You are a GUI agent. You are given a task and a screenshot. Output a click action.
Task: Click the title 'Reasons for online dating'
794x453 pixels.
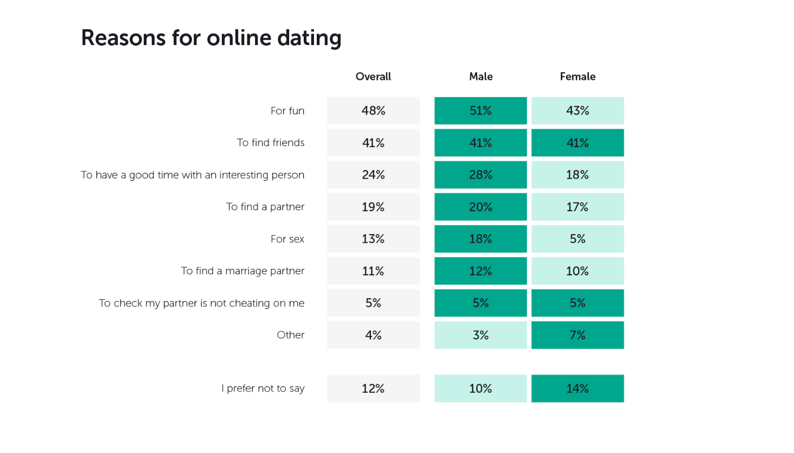pyautogui.click(x=211, y=38)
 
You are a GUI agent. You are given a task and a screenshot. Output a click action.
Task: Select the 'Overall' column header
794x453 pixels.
pyautogui.click(x=373, y=77)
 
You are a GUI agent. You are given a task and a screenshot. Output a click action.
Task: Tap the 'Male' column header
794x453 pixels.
pyautogui.click(x=481, y=77)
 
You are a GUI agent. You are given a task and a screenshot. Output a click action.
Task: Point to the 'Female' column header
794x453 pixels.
pyautogui.click(x=578, y=77)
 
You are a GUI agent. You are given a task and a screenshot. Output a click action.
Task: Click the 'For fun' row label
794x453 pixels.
pyautogui.click(x=287, y=111)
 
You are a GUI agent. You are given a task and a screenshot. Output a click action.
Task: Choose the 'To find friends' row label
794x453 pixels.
pyautogui.click(x=271, y=143)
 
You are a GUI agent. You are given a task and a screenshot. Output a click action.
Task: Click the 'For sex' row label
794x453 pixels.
pyautogui.click(x=287, y=239)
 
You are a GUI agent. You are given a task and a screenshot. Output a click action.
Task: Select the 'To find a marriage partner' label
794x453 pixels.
pyautogui.click(x=242, y=271)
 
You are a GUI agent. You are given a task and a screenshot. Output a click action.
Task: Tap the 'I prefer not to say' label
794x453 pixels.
pyautogui.click(x=263, y=388)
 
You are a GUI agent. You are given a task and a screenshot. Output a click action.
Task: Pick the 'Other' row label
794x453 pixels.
pyautogui.click(x=291, y=335)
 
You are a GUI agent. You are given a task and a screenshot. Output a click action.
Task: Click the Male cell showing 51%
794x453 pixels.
pyautogui.click(x=481, y=111)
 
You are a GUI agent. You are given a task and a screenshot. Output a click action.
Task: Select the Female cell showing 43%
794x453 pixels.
pyautogui.click(x=578, y=111)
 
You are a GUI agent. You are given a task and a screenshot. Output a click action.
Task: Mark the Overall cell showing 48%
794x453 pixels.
pyautogui.click(x=373, y=111)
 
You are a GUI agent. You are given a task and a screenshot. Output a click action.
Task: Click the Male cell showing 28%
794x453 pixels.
pyautogui.click(x=481, y=175)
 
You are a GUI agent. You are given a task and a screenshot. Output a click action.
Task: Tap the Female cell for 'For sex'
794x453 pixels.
pyautogui.click(x=578, y=239)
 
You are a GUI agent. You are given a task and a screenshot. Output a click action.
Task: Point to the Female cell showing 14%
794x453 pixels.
pyautogui.click(x=578, y=388)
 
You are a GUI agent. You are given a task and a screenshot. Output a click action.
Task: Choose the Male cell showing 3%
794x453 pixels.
pyautogui.click(x=481, y=335)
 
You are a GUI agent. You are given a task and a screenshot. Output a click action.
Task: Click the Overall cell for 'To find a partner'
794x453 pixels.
pyautogui.click(x=373, y=207)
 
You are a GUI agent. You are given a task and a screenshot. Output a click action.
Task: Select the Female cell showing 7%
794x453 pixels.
pyautogui.click(x=578, y=335)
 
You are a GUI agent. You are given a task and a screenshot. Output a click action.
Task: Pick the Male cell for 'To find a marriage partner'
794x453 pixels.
pyautogui.click(x=481, y=271)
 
